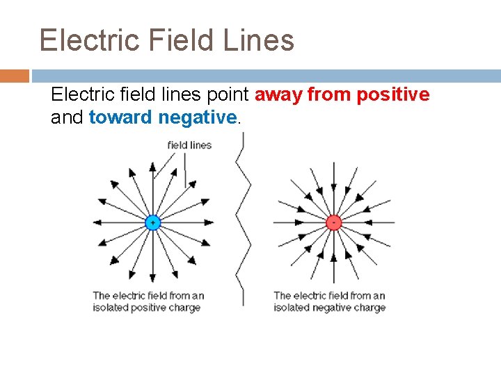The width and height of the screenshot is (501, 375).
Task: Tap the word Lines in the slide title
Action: click(x=259, y=40)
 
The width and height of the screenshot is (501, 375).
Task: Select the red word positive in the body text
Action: click(x=393, y=94)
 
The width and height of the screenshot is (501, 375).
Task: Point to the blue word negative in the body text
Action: click(x=198, y=117)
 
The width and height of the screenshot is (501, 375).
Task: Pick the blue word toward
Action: click(x=120, y=117)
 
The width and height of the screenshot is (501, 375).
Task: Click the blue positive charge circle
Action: click(x=152, y=222)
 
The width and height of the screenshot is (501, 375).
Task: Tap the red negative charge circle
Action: click(x=333, y=222)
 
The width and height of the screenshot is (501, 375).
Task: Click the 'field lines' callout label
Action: click(x=189, y=145)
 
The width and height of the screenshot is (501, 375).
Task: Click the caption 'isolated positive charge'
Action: click(x=147, y=308)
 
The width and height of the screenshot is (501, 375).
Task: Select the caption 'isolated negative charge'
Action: click(x=329, y=308)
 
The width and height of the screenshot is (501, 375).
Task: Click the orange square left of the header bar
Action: click(x=15, y=75)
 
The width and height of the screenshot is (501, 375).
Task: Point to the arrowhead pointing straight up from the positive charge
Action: click(x=152, y=167)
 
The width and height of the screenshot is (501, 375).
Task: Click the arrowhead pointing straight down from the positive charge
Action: click(x=152, y=278)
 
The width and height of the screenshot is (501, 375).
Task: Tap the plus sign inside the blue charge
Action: click(x=152, y=222)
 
